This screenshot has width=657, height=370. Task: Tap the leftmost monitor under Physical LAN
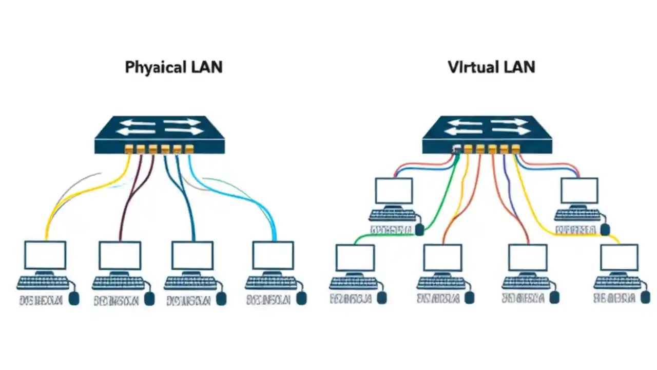[x=45, y=255]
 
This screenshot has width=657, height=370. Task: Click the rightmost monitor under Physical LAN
[x=273, y=255]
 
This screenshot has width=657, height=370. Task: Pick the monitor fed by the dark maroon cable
[x=120, y=255]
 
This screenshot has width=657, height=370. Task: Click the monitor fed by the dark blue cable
[x=192, y=255]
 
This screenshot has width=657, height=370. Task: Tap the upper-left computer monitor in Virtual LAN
[x=394, y=191]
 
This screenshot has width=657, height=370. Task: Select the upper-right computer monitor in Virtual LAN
[x=579, y=191]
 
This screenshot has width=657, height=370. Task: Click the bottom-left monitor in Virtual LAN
[x=355, y=258]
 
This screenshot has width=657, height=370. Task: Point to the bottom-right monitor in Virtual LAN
[x=619, y=258]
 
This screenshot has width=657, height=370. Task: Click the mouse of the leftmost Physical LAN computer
[x=74, y=298]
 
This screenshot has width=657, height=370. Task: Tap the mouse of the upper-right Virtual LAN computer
[x=605, y=229]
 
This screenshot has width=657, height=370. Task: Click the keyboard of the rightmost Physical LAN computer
[x=270, y=282]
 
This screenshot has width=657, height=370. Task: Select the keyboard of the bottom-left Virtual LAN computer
[x=354, y=283]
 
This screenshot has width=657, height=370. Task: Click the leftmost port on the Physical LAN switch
[x=129, y=149]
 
